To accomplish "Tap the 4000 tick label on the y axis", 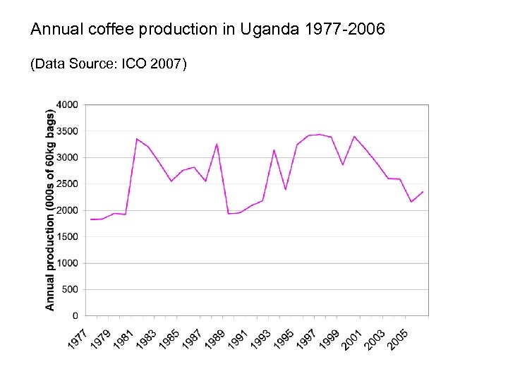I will point(68,104).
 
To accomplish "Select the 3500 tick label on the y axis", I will point(68,131).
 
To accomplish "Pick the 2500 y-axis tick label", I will point(68,184).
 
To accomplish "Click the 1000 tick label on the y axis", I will point(68,263).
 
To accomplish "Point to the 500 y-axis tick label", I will point(70,289).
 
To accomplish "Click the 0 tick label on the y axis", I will point(75,316).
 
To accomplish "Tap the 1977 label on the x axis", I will point(78,338).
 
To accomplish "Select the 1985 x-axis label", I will point(168,338).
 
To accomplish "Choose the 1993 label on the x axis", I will point(260,338).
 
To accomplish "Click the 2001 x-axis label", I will point(351,338).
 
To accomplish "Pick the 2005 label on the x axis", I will point(397,338).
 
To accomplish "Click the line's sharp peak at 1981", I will point(137,138).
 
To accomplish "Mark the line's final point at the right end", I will point(423,192).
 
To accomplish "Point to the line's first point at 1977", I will point(91,219).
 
